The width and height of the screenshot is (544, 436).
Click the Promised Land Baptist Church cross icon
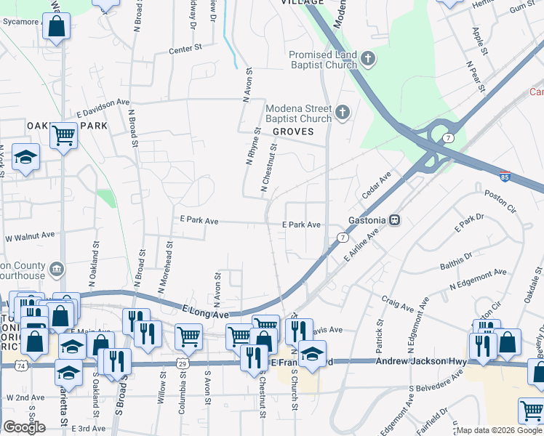368,59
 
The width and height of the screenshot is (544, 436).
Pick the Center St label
184,49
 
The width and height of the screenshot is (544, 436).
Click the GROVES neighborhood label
293,132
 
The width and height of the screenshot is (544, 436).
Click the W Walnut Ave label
30,236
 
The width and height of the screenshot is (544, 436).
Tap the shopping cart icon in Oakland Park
64,134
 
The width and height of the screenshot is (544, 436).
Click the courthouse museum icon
55,271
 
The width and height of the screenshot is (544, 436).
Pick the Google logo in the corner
24,427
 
